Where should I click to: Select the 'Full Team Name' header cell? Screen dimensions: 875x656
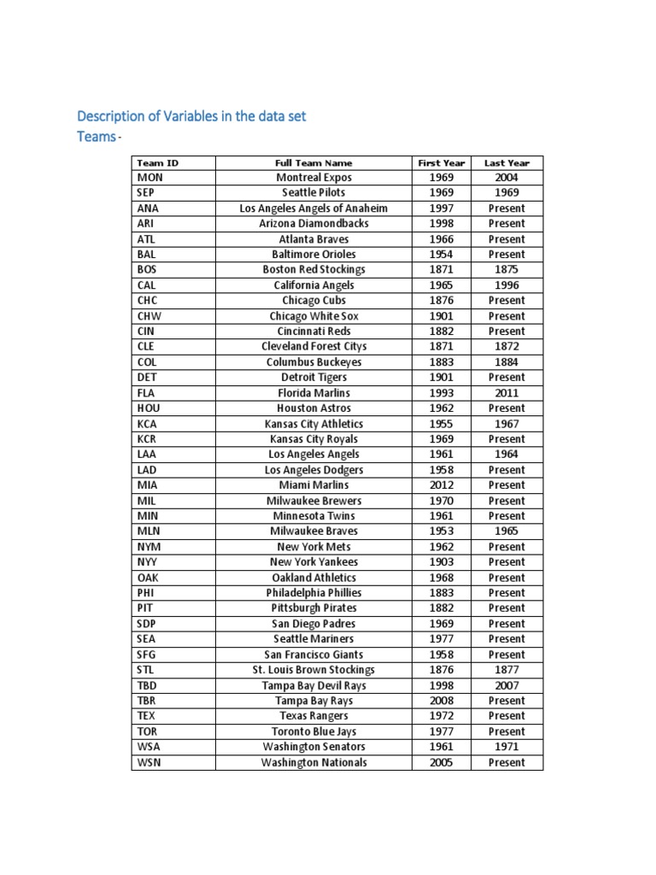pos(313,162)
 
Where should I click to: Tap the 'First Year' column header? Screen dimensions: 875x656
pos(442,162)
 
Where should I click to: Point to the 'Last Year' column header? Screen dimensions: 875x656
pos(507,162)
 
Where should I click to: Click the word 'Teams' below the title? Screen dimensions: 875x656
pos(95,137)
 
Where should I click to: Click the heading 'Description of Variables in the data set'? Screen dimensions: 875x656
pos(191,116)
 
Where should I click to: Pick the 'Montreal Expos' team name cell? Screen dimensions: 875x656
pos(313,178)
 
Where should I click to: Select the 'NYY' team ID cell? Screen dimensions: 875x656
pos(147,562)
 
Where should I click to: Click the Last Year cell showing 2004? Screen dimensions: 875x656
pos(507,178)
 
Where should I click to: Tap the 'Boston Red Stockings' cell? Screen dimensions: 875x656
pos(313,270)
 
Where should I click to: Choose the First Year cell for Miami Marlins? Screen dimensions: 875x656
pos(442,485)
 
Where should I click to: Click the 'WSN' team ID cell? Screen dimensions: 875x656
pos(148,762)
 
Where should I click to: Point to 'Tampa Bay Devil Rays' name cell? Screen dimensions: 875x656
pos(313,685)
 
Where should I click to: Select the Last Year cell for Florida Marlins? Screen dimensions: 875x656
pos(507,393)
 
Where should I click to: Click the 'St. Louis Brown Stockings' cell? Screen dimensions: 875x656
pos(313,670)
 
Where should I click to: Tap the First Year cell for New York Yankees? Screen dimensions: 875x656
pos(442,562)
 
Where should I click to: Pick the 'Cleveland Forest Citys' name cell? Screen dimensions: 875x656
pos(313,347)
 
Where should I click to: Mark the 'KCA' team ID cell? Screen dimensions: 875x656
pos(147,424)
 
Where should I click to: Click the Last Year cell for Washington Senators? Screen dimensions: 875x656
pos(507,747)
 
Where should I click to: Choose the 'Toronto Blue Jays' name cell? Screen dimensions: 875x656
pos(313,731)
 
